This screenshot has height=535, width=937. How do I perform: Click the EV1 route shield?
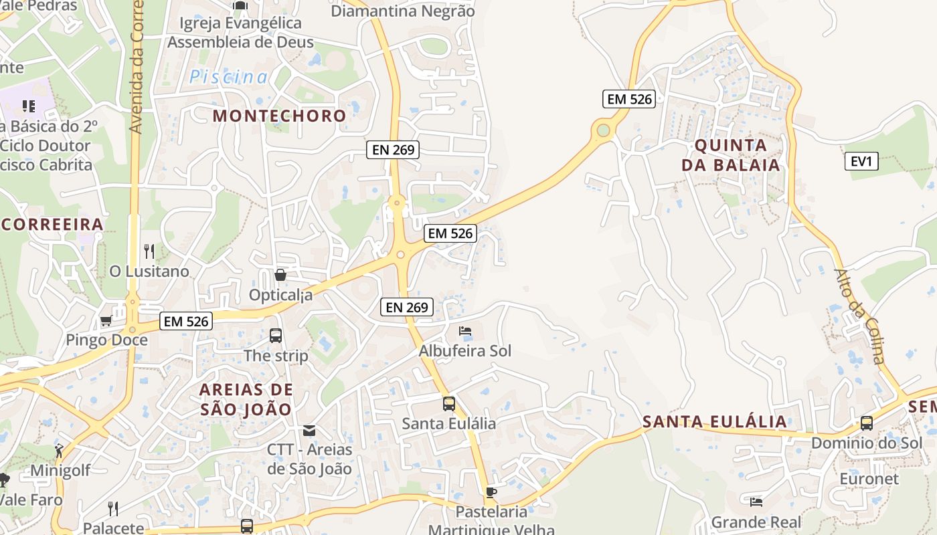click(861, 161)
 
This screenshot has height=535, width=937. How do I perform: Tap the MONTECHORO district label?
click(279, 116)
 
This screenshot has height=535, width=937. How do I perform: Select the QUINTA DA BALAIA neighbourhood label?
click(731, 155)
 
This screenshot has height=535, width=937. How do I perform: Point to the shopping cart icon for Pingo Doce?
click(106, 322)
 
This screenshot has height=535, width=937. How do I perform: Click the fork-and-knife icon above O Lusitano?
click(149, 251)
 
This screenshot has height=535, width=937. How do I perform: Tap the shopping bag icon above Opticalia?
click(280, 275)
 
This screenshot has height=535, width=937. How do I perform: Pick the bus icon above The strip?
click(276, 336)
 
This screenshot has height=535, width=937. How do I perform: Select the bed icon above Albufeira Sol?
click(465, 331)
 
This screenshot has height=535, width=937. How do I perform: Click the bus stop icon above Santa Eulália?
click(448, 404)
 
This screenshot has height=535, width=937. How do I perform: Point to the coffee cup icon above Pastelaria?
click(491, 493)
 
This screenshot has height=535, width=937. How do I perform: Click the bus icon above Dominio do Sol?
click(867, 423)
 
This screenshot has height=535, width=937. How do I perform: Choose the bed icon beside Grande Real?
click(756, 502)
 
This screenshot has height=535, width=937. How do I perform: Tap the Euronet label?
click(869, 479)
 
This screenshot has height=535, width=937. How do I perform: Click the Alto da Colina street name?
click(860, 316)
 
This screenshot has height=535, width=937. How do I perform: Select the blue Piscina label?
click(228, 78)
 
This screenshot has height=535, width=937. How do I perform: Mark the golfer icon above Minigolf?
click(60, 451)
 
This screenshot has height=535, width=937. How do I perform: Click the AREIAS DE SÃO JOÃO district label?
click(246, 399)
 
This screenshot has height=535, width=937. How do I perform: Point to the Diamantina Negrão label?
click(403, 11)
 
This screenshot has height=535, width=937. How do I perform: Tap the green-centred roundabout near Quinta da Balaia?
click(604, 130)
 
